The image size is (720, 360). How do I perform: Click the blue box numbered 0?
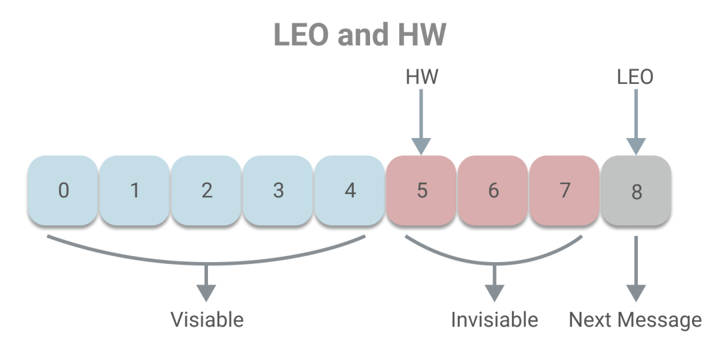coord(63,190)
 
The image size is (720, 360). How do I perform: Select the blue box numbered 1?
coord(135,190)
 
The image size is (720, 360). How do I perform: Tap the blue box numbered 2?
coord(206,190)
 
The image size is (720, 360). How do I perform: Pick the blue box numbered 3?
coord(278,190)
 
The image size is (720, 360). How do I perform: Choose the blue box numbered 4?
coord(349,190)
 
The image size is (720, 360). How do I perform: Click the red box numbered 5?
coord(421,190)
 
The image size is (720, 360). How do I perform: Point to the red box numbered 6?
coord(493,190)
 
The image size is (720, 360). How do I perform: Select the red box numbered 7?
coord(565,190)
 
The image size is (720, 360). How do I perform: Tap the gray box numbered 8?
coord(636,190)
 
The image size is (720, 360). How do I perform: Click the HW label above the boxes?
coord(422,77)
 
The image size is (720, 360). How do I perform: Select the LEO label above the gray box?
coord(635,77)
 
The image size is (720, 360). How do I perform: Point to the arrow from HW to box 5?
coord(421,122)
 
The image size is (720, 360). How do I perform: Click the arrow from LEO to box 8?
coord(636,122)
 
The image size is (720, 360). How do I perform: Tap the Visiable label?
coord(207,319)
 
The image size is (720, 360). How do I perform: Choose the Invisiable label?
coord(495,319)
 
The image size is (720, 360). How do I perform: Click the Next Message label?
coord(635,320)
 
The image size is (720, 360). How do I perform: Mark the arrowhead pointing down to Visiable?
coord(206,293)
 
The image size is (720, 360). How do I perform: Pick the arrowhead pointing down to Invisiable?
coord(495,293)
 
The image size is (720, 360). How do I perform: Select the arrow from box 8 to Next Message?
coord(636,269)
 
